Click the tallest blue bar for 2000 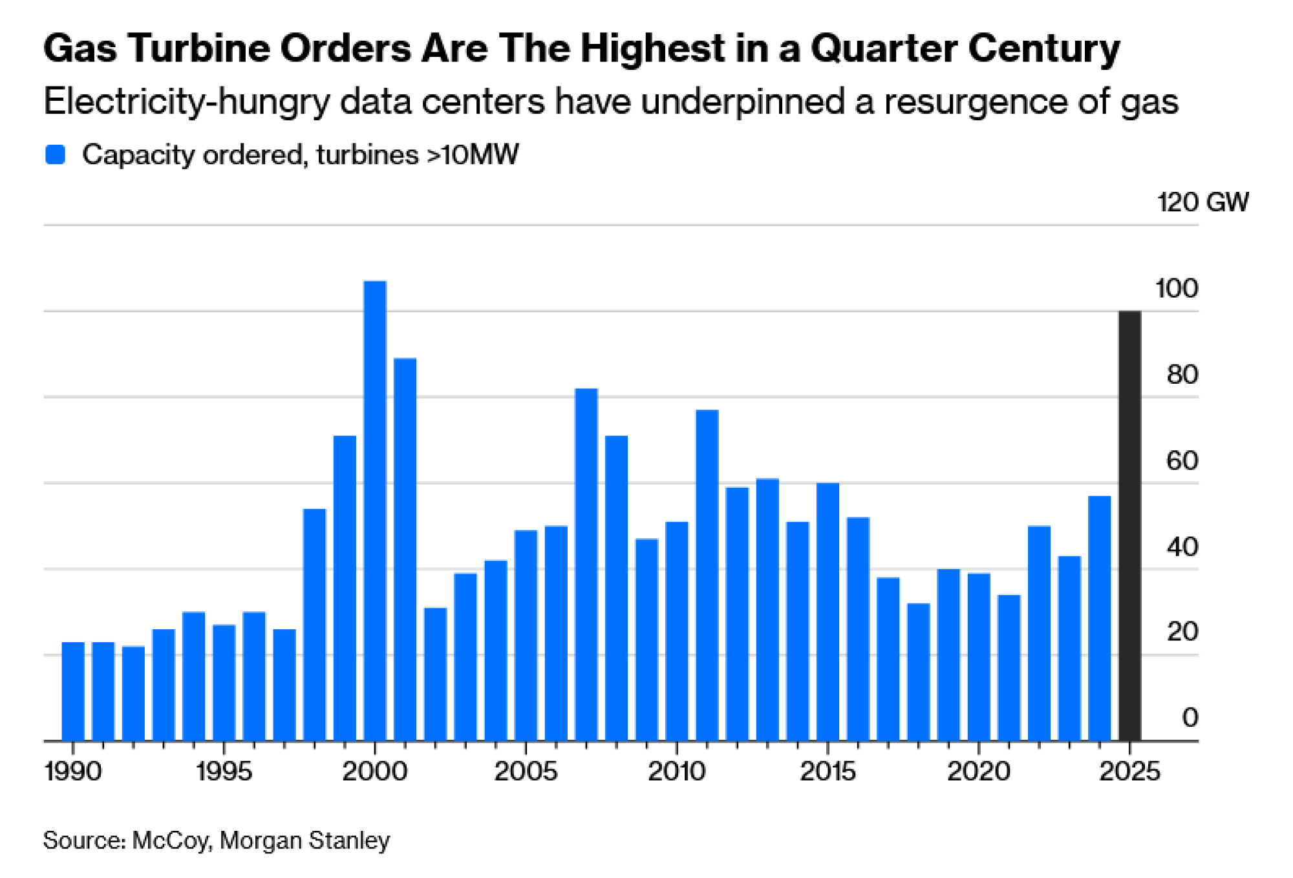click(x=375, y=510)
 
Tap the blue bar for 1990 click(x=73, y=691)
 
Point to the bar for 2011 click(x=707, y=575)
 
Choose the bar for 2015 click(x=828, y=611)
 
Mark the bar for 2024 click(x=1100, y=618)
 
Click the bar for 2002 click(x=436, y=674)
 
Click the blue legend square click(x=56, y=155)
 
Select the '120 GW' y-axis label click(x=1202, y=202)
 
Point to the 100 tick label click(x=1177, y=288)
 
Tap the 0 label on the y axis click(x=1190, y=718)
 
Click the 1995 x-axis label click(x=224, y=771)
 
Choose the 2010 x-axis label click(x=677, y=771)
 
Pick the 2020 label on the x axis click(x=979, y=771)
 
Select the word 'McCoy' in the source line click(x=171, y=841)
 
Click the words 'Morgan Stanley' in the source click(x=305, y=841)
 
